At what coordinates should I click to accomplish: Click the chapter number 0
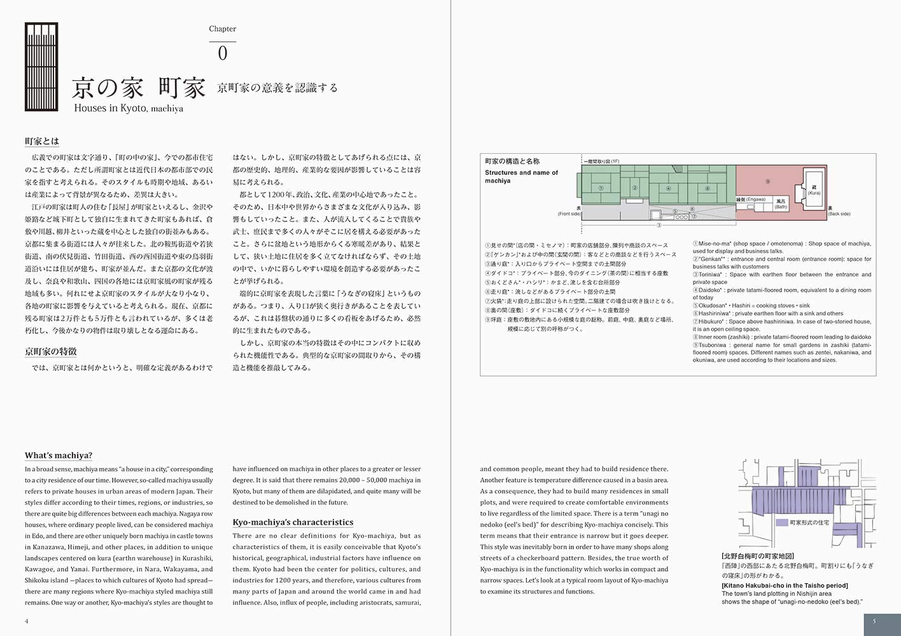click(222, 53)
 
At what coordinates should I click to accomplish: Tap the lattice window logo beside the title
click(41, 67)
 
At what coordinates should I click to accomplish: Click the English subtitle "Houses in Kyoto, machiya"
click(129, 108)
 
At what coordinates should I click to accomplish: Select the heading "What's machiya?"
click(59, 455)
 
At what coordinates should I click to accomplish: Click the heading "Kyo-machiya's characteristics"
click(293, 522)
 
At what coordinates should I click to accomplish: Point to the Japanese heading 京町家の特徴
click(51, 352)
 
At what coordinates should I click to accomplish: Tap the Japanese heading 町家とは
click(42, 141)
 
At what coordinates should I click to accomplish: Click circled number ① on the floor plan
click(601, 188)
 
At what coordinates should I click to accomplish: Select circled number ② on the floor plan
click(634, 188)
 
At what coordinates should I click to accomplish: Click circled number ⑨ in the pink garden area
click(767, 181)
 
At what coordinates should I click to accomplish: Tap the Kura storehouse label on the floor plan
click(814, 190)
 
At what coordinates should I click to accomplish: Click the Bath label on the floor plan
click(781, 204)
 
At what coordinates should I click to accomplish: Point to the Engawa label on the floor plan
click(751, 200)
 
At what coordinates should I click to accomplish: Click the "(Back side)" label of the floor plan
click(839, 214)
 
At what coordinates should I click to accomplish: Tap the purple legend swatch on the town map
click(782, 523)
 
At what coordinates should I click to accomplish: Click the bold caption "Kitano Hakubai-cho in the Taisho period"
click(785, 586)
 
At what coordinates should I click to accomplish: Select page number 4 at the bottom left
click(27, 621)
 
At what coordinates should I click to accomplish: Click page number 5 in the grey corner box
click(874, 621)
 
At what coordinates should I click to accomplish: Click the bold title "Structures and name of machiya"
click(521, 176)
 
